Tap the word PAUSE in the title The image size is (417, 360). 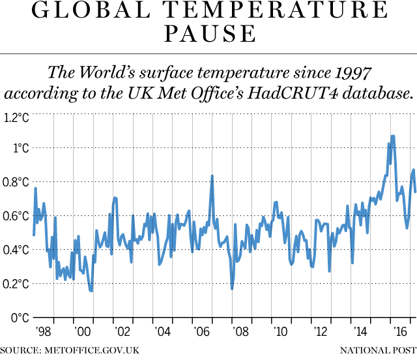(x=208, y=33)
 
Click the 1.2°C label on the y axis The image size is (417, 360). (x=15, y=118)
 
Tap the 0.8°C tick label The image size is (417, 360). (x=15, y=182)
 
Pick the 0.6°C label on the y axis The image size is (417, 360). (x=15, y=216)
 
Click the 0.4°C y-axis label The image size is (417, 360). (x=15, y=250)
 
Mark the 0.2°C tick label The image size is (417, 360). (x=15, y=284)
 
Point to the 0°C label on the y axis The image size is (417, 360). (x=18, y=318)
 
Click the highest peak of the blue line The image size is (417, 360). (x=393, y=136)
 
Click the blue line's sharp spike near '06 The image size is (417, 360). (x=212, y=175)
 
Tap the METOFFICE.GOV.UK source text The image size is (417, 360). (x=92, y=351)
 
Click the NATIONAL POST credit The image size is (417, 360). (x=379, y=351)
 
